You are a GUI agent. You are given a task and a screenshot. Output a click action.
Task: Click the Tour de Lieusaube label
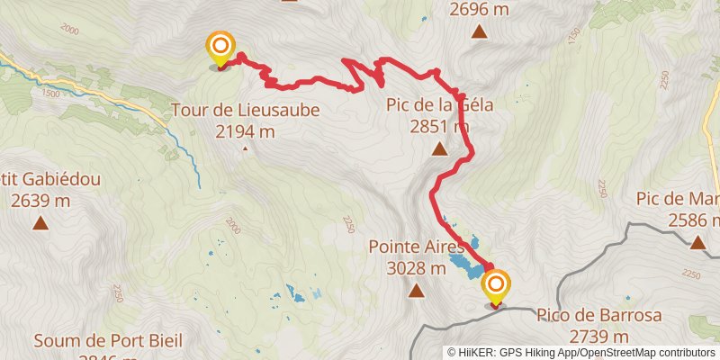click(x=245, y=112)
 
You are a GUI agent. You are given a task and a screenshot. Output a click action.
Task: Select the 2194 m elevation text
click(x=245, y=131)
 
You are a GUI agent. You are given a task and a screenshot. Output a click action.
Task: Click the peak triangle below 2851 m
click(x=439, y=149)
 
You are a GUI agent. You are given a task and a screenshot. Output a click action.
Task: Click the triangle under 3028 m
click(x=416, y=291)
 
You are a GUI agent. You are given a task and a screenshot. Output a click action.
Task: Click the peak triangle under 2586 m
click(x=697, y=241)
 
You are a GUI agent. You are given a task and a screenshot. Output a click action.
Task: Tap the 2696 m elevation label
click(x=480, y=9)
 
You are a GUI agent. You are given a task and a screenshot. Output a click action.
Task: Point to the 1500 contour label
click(x=50, y=94)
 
